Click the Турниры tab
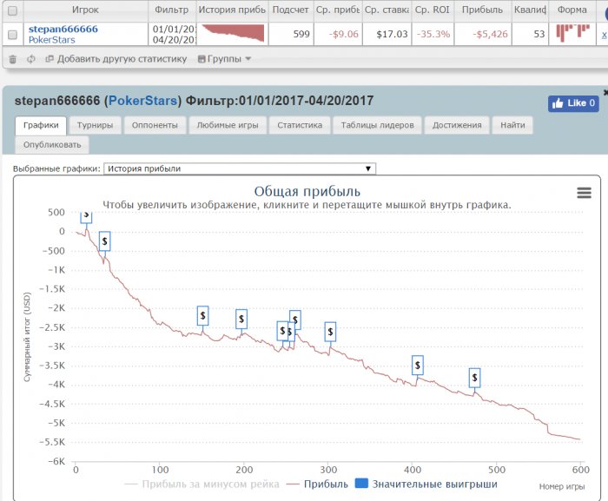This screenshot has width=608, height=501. [94, 125]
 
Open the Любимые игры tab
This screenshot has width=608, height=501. [227, 125]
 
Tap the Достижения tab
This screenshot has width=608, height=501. [457, 125]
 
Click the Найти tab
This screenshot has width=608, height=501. [512, 125]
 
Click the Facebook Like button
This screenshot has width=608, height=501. [573, 103]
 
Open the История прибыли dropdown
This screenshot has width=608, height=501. [240, 168]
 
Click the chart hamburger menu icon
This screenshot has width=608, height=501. [584, 193]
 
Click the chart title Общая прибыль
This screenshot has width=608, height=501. [307, 191]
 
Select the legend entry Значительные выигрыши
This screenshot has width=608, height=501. [426, 484]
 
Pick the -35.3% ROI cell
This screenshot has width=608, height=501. [433, 35]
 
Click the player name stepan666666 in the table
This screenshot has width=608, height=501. [63, 30]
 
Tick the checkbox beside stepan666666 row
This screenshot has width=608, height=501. [12, 35]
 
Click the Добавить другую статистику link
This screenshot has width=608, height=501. [122, 59]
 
